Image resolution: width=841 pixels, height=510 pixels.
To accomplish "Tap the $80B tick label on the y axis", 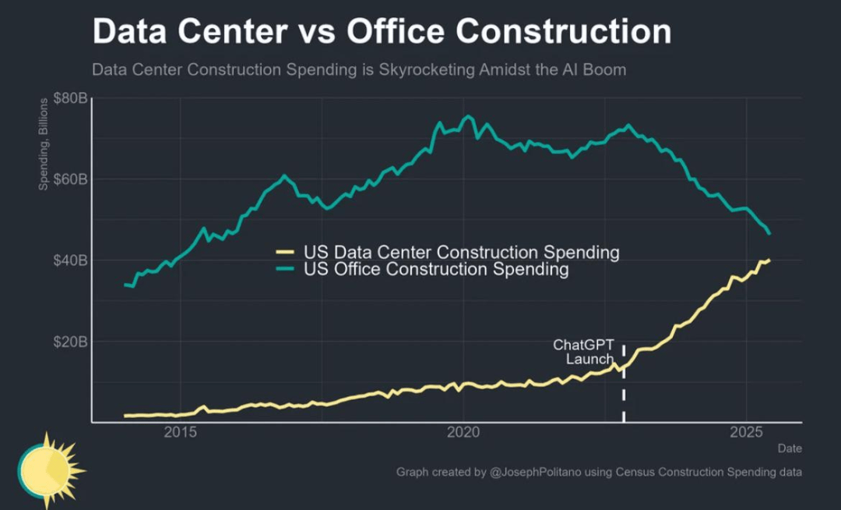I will [x=69, y=99].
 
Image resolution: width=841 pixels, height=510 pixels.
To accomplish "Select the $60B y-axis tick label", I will [x=69, y=179].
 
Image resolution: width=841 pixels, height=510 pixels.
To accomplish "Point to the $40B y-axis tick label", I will [x=69, y=260].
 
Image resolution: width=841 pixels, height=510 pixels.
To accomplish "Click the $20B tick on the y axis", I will [x=69, y=342].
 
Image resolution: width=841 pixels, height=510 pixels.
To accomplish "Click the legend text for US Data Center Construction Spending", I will [x=462, y=253].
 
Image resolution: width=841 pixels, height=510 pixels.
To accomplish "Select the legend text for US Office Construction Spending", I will [x=436, y=270].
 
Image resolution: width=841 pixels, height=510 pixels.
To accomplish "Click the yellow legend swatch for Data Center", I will [x=285, y=252].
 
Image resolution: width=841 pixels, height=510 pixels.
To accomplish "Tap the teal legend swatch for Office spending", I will [x=285, y=269].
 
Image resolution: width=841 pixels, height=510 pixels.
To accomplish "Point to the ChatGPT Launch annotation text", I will [x=584, y=352].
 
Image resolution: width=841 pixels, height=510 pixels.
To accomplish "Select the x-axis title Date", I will [x=790, y=448].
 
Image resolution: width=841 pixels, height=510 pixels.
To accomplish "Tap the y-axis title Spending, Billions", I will [x=44, y=145].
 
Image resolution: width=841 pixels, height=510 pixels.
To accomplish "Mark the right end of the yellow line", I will [x=769, y=260].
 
